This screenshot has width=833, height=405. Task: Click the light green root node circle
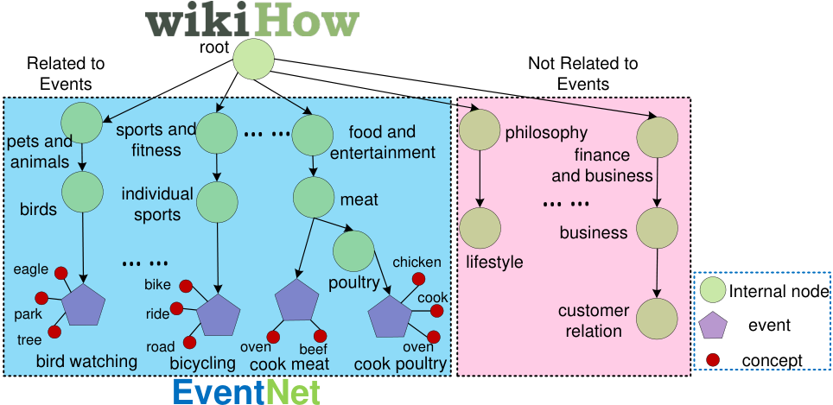coord(253,60)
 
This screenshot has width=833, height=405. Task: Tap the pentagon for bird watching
coord(84,305)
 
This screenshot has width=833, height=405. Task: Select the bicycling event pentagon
coord(219,315)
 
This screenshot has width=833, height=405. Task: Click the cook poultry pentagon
coord(391,317)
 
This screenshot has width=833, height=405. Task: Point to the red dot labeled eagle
coord(61,274)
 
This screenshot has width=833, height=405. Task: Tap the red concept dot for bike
coord(186,286)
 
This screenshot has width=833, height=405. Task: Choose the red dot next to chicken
coord(418,279)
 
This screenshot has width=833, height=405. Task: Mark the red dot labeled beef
coord(320,336)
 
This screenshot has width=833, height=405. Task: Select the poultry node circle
coord(353,251)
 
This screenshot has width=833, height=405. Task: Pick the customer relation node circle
coord(658,319)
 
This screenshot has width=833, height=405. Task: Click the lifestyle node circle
coord(480,228)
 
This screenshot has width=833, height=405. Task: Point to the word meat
coord(359,200)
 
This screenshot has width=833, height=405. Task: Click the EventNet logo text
coord(246,393)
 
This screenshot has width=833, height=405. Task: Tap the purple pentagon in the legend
coord(712,325)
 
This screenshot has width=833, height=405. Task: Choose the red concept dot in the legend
coord(712,360)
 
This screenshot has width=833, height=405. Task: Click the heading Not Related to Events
coord(582,73)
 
